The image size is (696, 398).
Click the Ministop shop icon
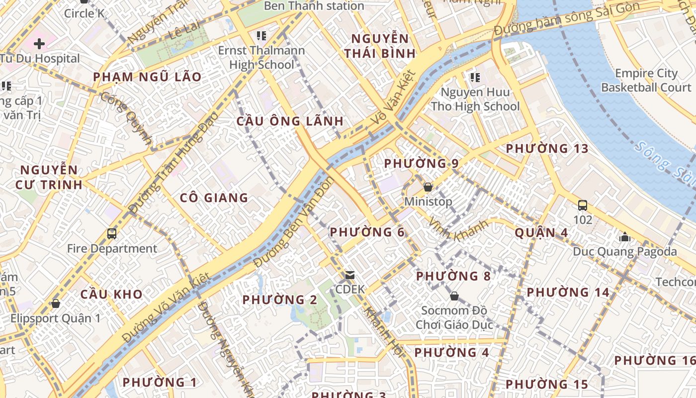pyautogui.click(x=428, y=188)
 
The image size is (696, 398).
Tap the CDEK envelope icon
pyautogui.click(x=350, y=275)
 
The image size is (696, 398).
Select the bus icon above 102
pyautogui.click(x=583, y=205)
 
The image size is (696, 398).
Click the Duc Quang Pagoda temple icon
pyautogui.click(x=625, y=237)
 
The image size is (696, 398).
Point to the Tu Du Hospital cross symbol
pyautogui.click(x=39, y=44)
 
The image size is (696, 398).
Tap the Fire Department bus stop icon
pyautogui.click(x=112, y=233)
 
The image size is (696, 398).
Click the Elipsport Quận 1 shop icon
pyautogui.click(x=56, y=303)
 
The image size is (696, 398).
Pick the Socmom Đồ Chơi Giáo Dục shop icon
pyautogui.click(x=454, y=296)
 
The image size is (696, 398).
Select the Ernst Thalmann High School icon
pyautogui.click(x=261, y=36)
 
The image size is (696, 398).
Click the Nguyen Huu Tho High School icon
pyautogui.click(x=475, y=78)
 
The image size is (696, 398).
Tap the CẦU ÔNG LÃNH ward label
pyautogui.click(x=290, y=121)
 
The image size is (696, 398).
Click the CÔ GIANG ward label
pyautogui.click(x=214, y=198)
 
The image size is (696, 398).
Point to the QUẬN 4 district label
pyautogui.click(x=541, y=232)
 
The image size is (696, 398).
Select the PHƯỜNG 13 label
pyautogui.click(x=547, y=148)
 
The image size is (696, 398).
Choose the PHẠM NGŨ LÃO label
pyautogui.click(x=147, y=77)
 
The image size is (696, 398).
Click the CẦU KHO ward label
pyautogui.click(x=111, y=294)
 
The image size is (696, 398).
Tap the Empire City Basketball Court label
pyautogui.click(x=646, y=81)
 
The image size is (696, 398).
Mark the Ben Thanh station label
pyautogui.click(x=314, y=6)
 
